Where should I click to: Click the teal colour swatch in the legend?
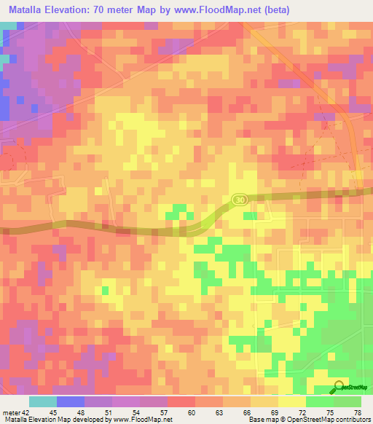tap(43, 401)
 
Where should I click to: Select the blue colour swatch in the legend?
tap(71, 401)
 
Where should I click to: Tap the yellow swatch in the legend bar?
tap(291, 401)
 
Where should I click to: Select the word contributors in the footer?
tap(353, 419)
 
